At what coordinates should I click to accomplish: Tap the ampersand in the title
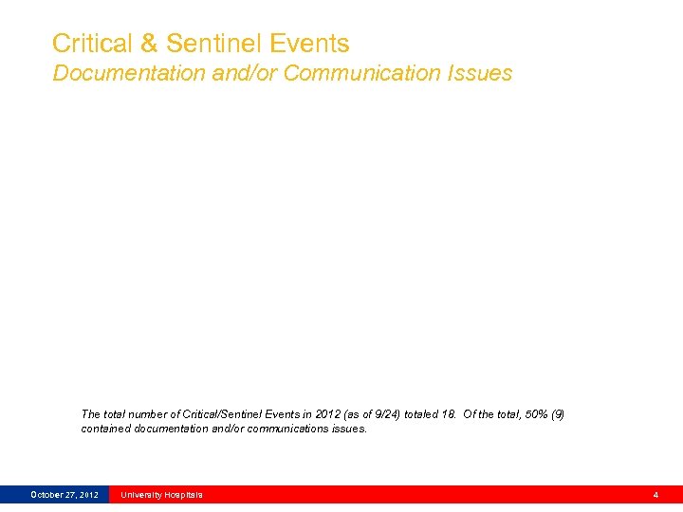pos(150,44)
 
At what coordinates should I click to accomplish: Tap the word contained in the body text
pos(104,429)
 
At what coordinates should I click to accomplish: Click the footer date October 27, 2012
pos(64,495)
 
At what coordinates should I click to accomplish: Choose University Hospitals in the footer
pos(161,495)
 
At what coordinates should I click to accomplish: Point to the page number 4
pos(655,495)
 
